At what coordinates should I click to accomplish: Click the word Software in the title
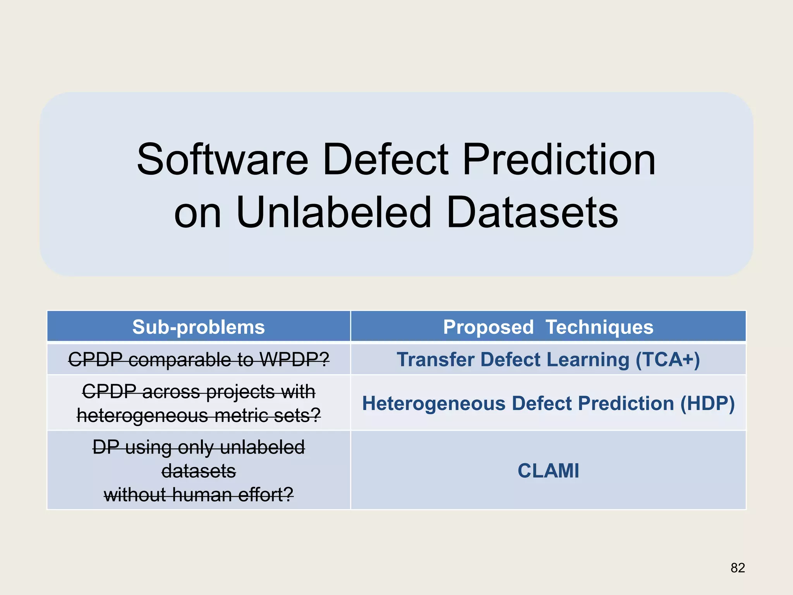point(223,160)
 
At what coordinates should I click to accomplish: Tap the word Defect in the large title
point(386,160)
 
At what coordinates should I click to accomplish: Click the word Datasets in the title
point(532,213)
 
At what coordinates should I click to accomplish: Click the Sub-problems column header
point(199,327)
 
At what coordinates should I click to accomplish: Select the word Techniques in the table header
point(599,327)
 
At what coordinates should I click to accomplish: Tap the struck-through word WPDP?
point(295,359)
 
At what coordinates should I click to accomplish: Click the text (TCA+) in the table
point(668,359)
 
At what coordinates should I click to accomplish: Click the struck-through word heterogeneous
point(143,416)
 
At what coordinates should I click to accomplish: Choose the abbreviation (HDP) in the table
point(707,403)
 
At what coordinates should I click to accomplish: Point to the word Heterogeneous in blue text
point(434,403)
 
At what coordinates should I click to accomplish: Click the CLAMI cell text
point(548,471)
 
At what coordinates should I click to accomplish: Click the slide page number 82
point(738,568)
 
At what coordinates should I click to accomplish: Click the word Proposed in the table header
point(488,327)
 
